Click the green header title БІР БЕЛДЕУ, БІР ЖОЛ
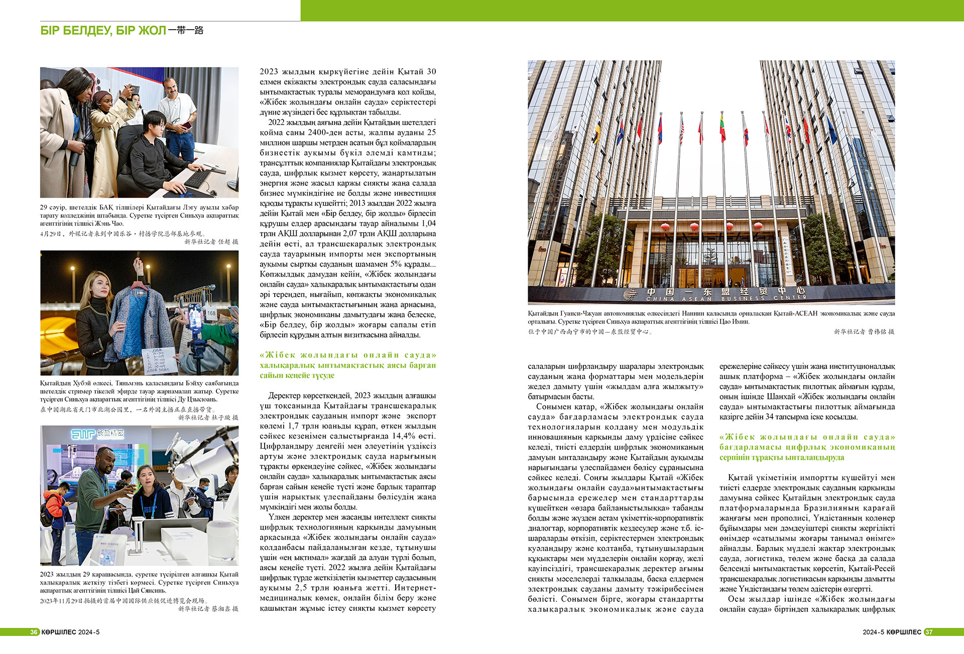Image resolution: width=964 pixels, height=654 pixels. pyautogui.click(x=103, y=31)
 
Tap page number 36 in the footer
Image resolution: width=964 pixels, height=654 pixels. pyautogui.click(x=34, y=632)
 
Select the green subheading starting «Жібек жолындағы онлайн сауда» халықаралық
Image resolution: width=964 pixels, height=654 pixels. pyautogui.click(x=348, y=365)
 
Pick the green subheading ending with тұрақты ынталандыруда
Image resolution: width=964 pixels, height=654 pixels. pyautogui.click(x=807, y=447)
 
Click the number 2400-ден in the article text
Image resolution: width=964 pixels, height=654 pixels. pyautogui.click(x=329, y=133)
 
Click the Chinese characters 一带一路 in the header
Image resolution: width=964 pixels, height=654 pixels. pyautogui.click(x=186, y=30)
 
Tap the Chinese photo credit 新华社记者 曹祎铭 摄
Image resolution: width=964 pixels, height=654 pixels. pyautogui.click(x=864, y=332)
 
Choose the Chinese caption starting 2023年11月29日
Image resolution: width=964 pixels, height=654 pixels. pyautogui.click(x=124, y=600)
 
